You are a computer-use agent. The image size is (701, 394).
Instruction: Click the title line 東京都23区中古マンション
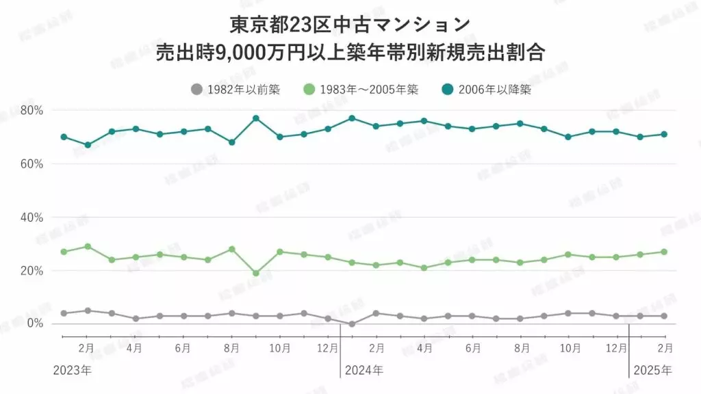pos(350,24)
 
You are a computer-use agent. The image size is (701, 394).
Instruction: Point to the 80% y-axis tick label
pos(31,110)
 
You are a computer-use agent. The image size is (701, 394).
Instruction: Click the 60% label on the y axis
pos(31,164)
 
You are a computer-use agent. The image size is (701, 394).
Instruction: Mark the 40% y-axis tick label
pos(31,218)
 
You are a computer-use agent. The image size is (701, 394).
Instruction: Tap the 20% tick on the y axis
pos(31,271)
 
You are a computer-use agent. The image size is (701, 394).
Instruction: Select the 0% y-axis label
pos(34,323)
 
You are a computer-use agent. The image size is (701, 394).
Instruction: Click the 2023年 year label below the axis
pos(72,370)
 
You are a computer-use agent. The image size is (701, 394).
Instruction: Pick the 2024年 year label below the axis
pos(364,370)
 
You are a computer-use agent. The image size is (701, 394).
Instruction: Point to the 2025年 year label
pos(653,370)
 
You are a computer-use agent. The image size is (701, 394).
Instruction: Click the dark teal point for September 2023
pos(256,118)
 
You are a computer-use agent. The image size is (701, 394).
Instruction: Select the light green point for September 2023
pos(256,273)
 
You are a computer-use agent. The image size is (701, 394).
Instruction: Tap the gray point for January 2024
pos(352,324)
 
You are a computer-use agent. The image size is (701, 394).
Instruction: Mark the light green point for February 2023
pos(88,246)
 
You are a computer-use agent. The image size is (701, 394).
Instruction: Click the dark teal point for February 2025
pos(664,134)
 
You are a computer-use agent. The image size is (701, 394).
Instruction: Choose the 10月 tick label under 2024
pos(570,347)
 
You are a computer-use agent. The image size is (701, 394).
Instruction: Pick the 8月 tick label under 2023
pos(231,347)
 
